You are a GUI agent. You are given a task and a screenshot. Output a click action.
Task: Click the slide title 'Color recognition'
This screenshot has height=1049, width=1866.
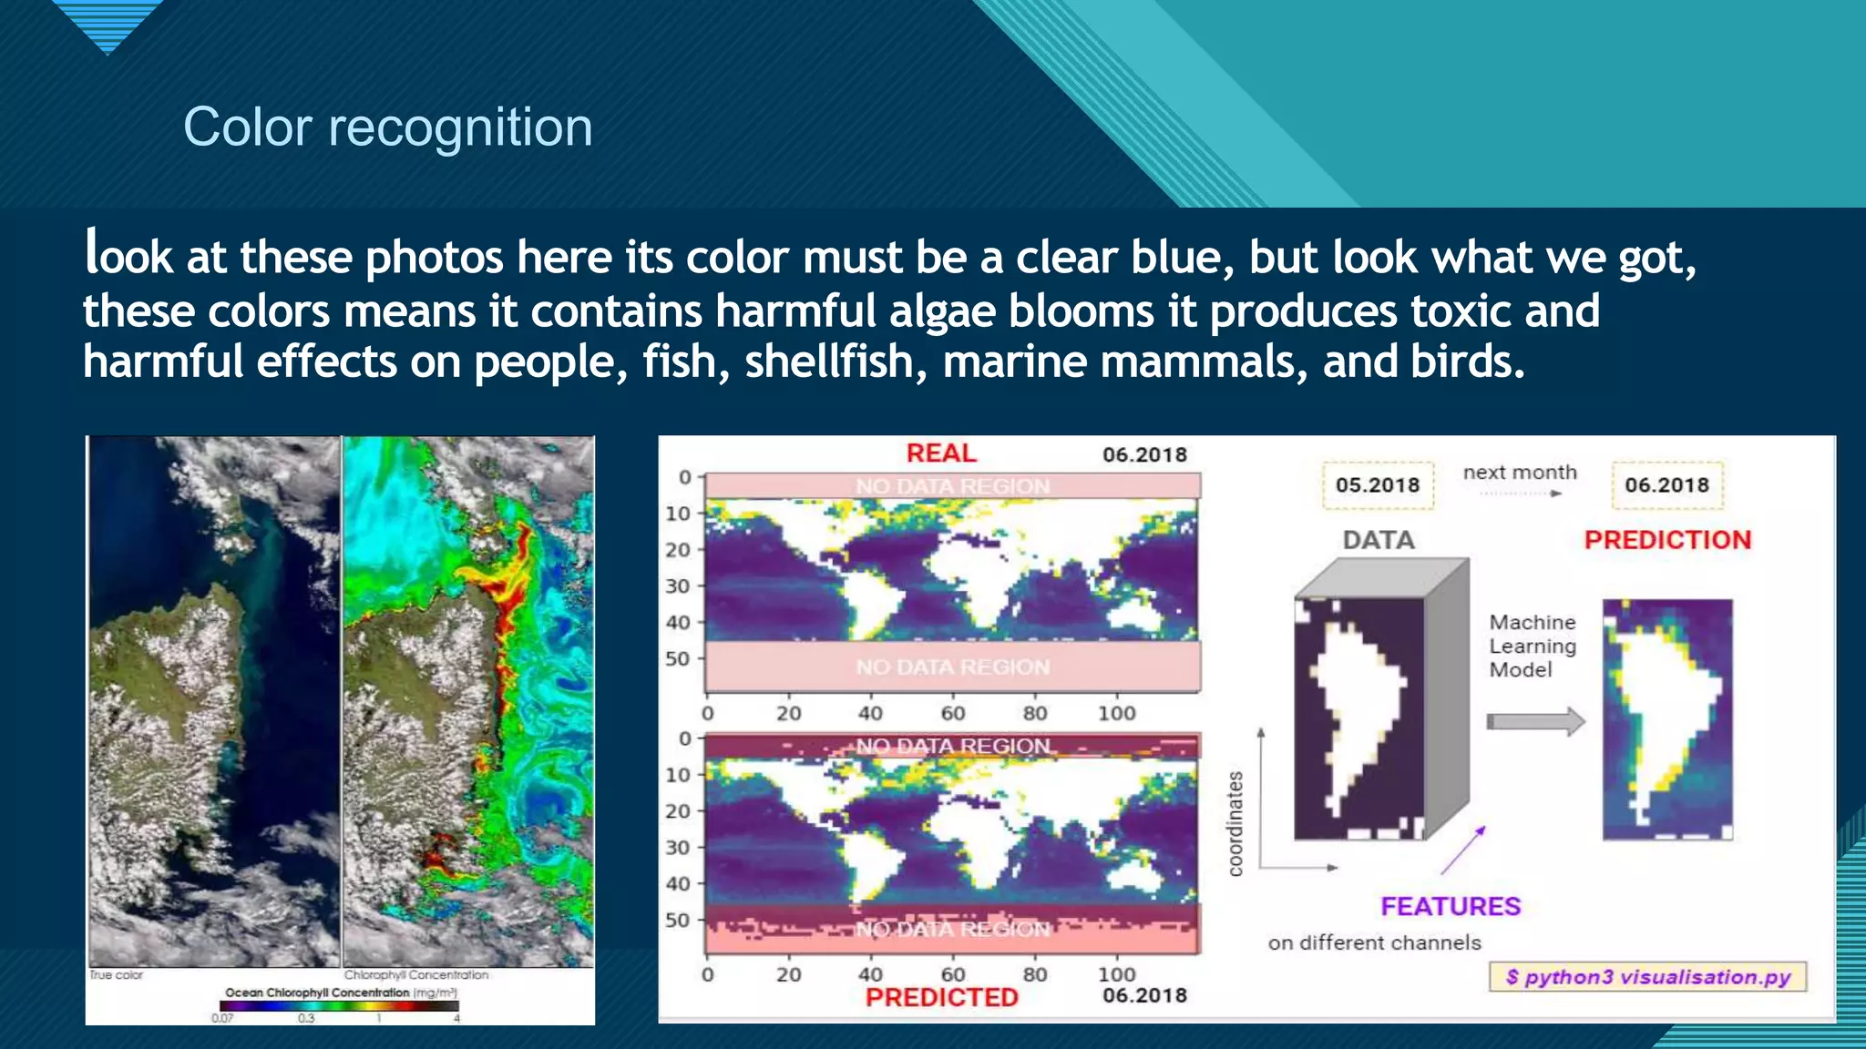[x=388, y=127]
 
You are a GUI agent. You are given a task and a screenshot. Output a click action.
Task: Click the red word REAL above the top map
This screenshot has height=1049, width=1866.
[x=940, y=453]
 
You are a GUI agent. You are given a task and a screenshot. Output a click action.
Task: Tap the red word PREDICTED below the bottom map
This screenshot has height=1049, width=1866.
[x=941, y=997]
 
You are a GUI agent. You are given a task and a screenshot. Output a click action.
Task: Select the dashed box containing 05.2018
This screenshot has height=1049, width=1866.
[x=1378, y=485]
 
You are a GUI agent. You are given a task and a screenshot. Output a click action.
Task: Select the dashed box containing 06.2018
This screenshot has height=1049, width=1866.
[x=1666, y=485]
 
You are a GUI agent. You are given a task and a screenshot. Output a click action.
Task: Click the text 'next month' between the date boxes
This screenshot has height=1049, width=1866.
[x=1519, y=473]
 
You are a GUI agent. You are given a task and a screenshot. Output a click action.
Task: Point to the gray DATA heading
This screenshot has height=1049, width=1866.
[x=1378, y=540]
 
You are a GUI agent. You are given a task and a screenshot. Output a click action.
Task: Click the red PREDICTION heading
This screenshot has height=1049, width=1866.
[x=1666, y=540]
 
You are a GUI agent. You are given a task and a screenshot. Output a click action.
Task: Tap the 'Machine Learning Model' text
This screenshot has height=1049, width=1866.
[x=1532, y=647]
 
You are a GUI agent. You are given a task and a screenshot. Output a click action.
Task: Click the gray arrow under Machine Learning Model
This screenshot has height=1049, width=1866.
[x=1535, y=722]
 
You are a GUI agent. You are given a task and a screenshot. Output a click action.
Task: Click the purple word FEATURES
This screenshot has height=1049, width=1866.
[x=1450, y=907]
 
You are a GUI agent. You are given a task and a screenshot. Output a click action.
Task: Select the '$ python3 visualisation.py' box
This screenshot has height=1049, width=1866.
[x=1647, y=977]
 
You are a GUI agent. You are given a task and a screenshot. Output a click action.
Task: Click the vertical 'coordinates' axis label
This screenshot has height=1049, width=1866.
[x=1235, y=824]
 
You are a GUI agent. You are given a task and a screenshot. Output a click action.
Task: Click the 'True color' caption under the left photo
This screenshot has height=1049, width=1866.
[x=116, y=975]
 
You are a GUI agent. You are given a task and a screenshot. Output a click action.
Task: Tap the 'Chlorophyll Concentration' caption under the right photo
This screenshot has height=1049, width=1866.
[x=415, y=975]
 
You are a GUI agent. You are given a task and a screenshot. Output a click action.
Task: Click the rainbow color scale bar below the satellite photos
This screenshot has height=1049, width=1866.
[x=339, y=1006]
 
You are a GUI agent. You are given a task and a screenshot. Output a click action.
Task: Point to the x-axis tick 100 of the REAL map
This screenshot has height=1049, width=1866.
[x=1116, y=714]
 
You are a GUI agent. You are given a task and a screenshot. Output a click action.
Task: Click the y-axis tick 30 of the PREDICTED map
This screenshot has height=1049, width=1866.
[x=677, y=848]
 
